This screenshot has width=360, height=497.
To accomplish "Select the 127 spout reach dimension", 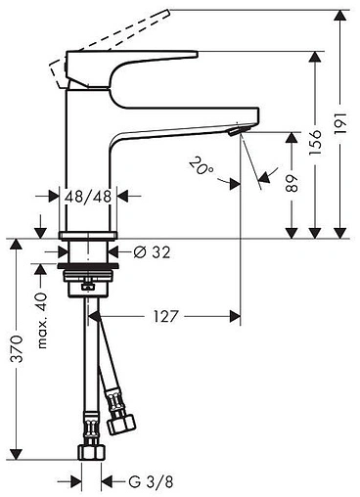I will [165, 316].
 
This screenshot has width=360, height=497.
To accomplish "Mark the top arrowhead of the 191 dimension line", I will [338, 14].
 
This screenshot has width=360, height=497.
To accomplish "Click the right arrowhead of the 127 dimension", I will [235, 316].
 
